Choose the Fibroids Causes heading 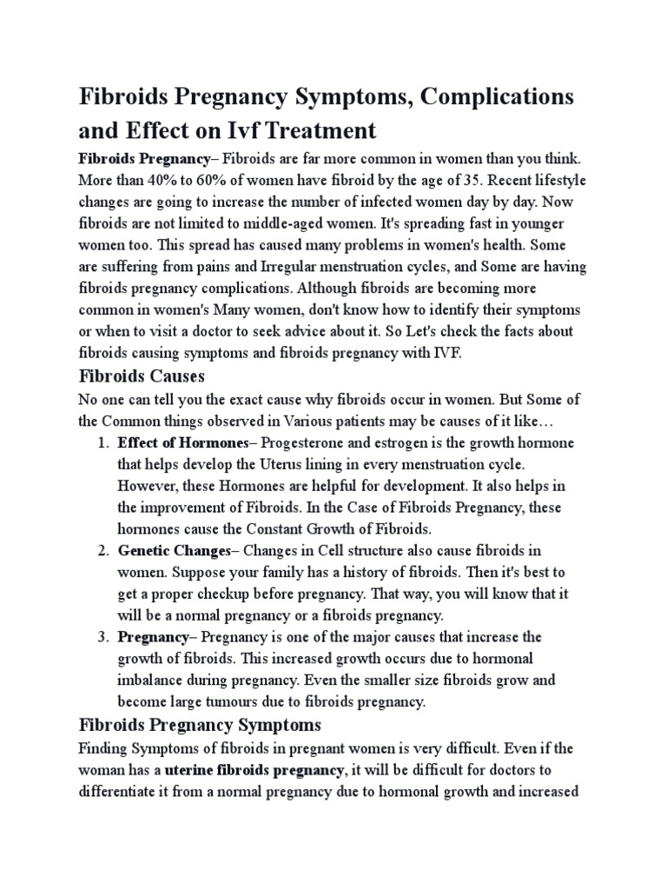tap(141, 377)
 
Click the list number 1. tap(102, 442)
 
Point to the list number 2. tap(102, 551)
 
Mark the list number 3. tap(102, 637)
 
